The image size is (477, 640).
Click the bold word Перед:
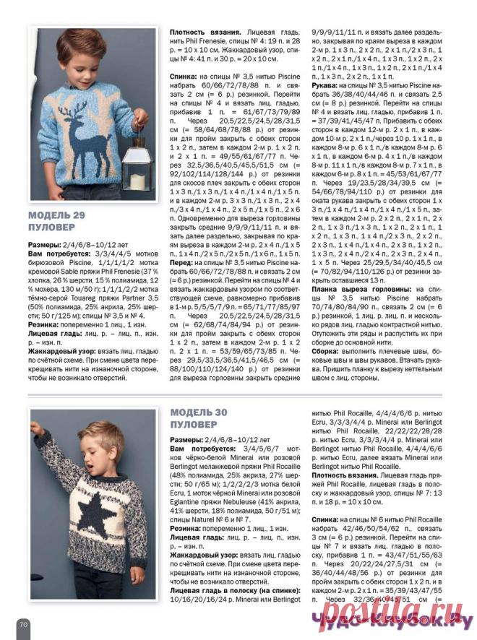[182, 264]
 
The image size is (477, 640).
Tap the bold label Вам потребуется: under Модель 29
[59, 254]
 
